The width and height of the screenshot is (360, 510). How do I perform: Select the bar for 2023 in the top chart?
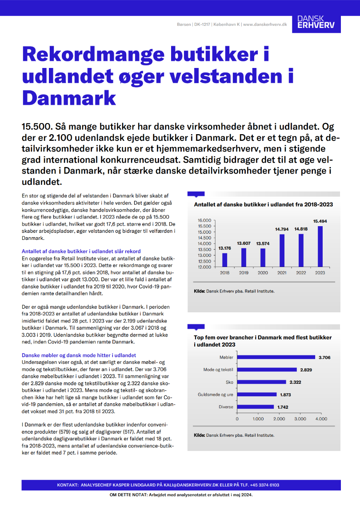pos(320,247)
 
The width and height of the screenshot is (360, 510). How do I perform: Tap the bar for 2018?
pos(225,260)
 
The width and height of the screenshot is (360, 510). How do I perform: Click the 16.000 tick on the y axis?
pos(204,220)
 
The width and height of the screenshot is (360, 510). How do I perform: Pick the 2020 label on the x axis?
pos(263,272)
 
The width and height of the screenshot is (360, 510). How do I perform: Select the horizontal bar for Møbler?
pos(276,357)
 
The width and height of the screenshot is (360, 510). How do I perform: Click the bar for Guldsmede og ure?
pos(256,394)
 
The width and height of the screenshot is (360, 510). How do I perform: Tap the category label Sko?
pos(229,382)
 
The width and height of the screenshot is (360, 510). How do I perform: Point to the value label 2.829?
pos(306,370)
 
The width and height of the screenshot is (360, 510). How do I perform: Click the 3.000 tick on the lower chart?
pos(300,418)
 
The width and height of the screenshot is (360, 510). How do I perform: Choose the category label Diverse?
pos(226,406)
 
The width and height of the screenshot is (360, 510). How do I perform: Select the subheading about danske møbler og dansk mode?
pos(79,355)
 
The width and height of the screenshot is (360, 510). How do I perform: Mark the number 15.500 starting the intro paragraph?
pos(39,126)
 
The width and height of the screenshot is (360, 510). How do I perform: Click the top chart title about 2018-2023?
pos(264,205)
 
